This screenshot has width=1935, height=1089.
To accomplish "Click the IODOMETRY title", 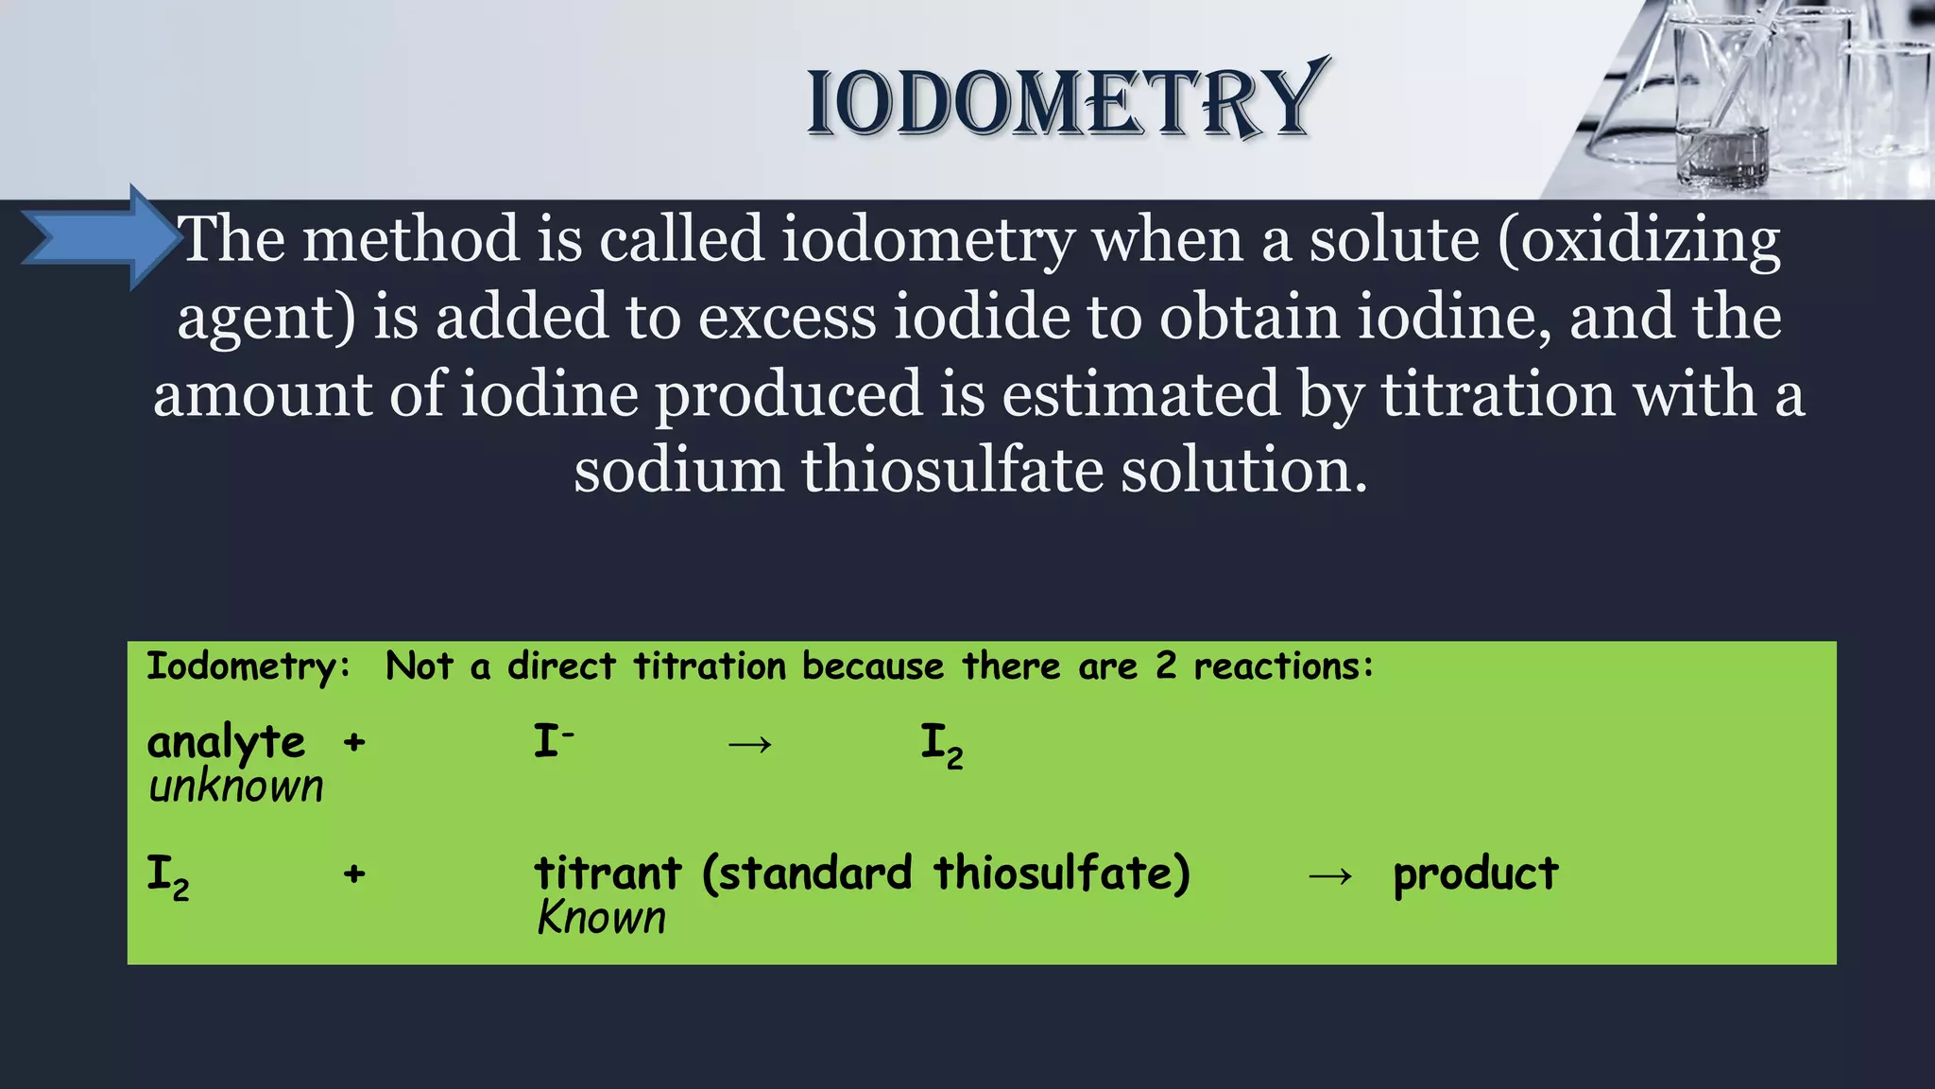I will coord(1064,102).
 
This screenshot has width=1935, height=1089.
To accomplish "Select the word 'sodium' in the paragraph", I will coord(678,470).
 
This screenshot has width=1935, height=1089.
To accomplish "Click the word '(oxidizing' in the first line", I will coord(1638,240).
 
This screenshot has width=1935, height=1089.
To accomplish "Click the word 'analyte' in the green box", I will coord(226,742).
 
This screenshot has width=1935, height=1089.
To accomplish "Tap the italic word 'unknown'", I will coord(235,786).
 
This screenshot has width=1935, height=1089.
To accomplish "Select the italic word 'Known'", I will coord(602,918).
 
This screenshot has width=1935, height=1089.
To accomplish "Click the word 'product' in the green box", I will coord(1475,873).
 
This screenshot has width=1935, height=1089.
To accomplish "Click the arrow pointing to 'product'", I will coord(1330,876).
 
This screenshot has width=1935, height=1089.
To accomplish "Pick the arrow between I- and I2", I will coord(750,744).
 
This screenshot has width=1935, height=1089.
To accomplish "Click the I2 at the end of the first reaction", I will coord(941,744).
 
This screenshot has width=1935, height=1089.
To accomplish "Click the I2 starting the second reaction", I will coord(167,875).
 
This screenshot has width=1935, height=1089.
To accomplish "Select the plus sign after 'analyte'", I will coord(354,742).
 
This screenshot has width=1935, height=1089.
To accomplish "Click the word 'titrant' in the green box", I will coord(608,873).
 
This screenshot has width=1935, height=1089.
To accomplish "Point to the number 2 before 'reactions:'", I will coord(1166,666).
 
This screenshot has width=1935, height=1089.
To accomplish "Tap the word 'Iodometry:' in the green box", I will coord(248,666).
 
